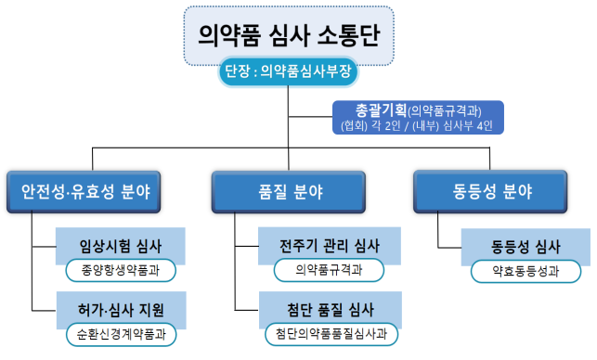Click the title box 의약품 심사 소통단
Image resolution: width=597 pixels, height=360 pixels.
296,35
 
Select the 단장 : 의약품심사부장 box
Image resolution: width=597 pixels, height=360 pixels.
297,71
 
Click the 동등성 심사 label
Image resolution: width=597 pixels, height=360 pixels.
526,247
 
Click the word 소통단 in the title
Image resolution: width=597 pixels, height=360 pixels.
357,35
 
